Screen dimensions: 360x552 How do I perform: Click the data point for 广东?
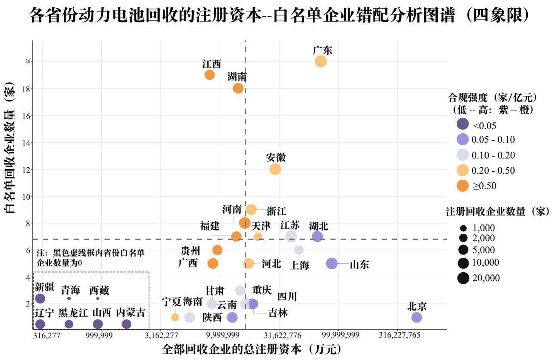(x=320, y=61)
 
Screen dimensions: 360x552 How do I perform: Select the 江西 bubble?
(x=210, y=75)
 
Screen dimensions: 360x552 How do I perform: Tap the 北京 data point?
(x=417, y=317)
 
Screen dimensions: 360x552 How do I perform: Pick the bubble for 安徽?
(x=275, y=169)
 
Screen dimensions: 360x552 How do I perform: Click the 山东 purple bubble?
(x=332, y=263)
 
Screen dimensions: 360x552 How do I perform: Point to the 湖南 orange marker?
(x=238, y=88)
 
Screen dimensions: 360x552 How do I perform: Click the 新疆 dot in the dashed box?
(x=40, y=298)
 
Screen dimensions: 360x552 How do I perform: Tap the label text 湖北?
(x=318, y=226)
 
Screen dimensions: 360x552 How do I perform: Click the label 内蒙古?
(x=130, y=312)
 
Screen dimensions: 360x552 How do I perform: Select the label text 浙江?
(x=276, y=211)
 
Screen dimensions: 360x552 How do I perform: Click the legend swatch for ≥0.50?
(x=462, y=186)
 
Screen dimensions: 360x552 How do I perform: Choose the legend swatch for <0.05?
(x=462, y=124)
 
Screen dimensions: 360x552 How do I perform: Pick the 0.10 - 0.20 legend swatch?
(x=462, y=155)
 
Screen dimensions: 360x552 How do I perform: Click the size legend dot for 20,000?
(x=463, y=278)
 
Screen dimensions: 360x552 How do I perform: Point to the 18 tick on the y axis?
(x=26, y=89)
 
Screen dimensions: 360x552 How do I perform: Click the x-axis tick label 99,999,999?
(x=340, y=335)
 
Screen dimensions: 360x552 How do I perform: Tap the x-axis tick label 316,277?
(x=47, y=335)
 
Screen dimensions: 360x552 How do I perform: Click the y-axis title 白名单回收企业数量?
(x=9, y=148)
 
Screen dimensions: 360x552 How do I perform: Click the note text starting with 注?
(x=90, y=258)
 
